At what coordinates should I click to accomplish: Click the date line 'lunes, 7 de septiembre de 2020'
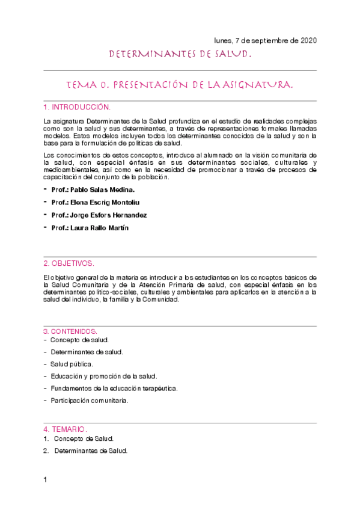[265, 40]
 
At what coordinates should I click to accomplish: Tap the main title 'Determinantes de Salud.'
[180, 55]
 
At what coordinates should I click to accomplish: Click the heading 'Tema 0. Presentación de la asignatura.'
[180, 86]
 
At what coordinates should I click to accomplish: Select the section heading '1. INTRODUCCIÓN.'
[77, 107]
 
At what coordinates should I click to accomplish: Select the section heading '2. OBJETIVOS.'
[69, 263]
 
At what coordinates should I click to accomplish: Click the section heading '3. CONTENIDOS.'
[70, 331]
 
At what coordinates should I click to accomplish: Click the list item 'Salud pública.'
[72, 364]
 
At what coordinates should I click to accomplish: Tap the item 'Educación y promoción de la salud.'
[103, 376]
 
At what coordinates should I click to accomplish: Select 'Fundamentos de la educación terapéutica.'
[114, 388]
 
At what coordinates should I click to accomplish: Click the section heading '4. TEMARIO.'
[66, 429]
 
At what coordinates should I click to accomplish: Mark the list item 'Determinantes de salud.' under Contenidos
[88, 352]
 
